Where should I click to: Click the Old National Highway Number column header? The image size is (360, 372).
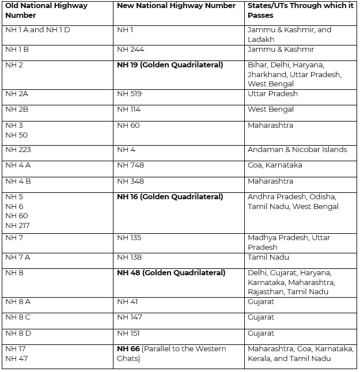pyautogui.click(x=46, y=10)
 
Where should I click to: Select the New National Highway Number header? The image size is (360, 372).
pyautogui.click(x=176, y=6)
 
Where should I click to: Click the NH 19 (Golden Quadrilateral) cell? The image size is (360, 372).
pyautogui.click(x=170, y=65)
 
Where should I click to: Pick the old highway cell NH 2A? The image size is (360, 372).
pyautogui.click(x=17, y=93)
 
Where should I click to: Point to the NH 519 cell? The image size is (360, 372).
pyautogui.click(x=129, y=93)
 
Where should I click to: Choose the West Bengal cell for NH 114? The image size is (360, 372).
pyautogui.click(x=271, y=109)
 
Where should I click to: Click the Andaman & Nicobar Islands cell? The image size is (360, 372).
pyautogui.click(x=297, y=149)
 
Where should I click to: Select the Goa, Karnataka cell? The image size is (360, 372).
pyautogui.click(x=275, y=165)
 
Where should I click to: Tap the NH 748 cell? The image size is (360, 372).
pyautogui.click(x=130, y=165)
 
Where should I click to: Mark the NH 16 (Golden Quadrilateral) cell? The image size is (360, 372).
pyautogui.click(x=170, y=196)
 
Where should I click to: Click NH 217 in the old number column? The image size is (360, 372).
pyautogui.click(x=17, y=225)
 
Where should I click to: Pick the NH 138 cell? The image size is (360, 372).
pyautogui.click(x=129, y=257)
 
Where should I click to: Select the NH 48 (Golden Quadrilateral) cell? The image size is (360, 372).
pyautogui.click(x=171, y=272)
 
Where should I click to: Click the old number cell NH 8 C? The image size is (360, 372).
pyautogui.click(x=18, y=317)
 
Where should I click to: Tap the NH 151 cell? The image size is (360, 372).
pyautogui.click(x=128, y=333)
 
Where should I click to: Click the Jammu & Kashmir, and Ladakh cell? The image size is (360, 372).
pyautogui.click(x=289, y=34)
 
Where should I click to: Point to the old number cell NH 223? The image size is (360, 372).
pyautogui.click(x=18, y=149)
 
